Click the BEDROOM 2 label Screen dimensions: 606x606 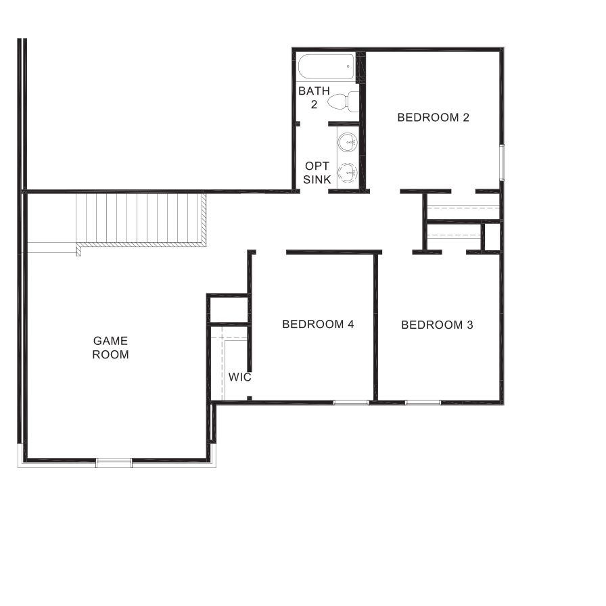[x=433, y=117]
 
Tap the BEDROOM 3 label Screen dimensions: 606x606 [x=437, y=325]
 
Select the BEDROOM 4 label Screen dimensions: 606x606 [x=318, y=324]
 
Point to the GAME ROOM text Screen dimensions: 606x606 [x=111, y=348]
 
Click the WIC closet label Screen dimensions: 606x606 [x=239, y=377]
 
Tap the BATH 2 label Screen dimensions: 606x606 [x=314, y=97]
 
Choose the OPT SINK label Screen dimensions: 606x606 [x=317, y=172]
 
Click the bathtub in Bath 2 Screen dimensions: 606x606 [x=326, y=68]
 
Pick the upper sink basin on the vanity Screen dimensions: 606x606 [x=348, y=143]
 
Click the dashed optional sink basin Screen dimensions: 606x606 [x=348, y=172]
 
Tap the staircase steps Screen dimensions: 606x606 [x=141, y=218]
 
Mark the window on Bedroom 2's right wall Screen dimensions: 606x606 [x=502, y=162]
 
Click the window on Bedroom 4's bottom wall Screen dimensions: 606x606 [x=351, y=402]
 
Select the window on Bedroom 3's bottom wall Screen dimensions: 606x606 [x=423, y=402]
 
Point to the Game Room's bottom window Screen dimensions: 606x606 [x=114, y=463]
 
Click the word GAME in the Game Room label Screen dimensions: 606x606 [x=111, y=341]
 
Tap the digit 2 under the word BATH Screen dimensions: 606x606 [x=314, y=104]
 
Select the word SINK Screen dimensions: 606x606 [x=317, y=179]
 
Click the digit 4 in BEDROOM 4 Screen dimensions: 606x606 [x=350, y=324]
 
